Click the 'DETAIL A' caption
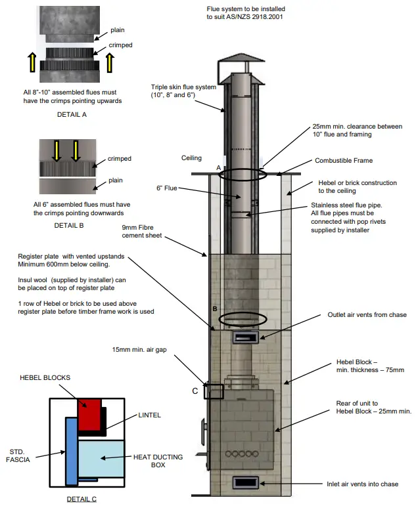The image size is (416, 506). point(72,114)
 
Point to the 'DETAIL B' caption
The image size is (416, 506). point(72,224)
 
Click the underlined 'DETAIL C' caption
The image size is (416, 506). point(81,499)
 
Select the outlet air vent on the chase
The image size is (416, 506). point(246,337)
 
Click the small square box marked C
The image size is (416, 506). point(214,392)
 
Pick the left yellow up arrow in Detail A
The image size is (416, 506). point(32,64)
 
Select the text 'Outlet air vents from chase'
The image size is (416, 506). point(367,315)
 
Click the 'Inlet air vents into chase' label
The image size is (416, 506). point(362,484)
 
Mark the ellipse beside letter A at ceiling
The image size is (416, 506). point(243,175)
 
